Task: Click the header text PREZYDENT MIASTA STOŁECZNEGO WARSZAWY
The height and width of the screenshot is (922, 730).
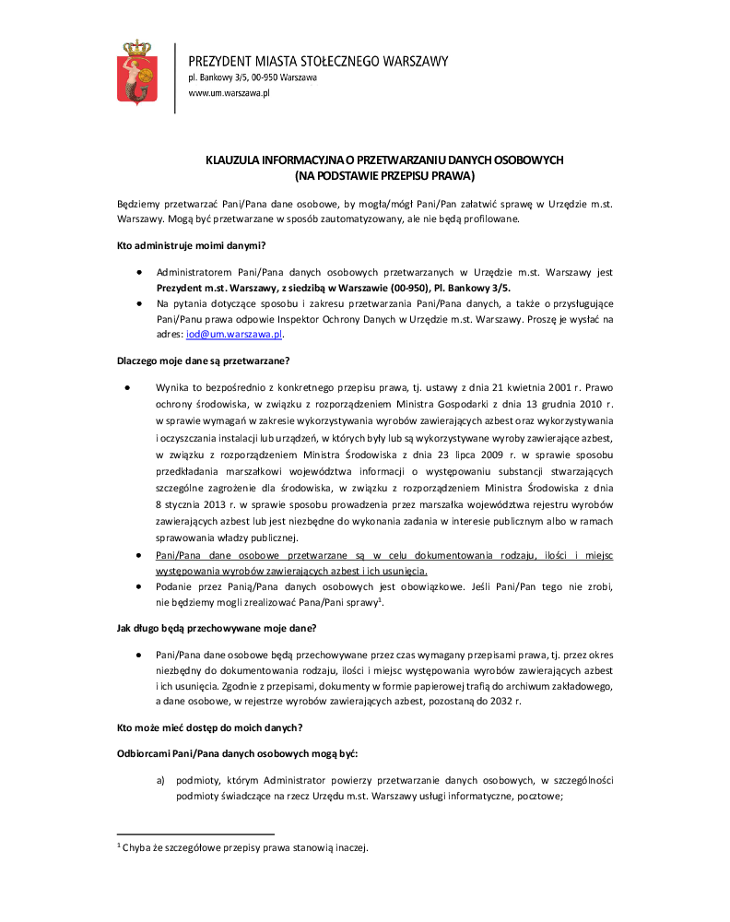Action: [318, 62]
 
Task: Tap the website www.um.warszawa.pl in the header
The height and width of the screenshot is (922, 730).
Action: [229, 93]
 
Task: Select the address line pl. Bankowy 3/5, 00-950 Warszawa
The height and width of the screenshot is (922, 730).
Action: [253, 78]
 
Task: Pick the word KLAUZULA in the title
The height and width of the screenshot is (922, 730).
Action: [233, 160]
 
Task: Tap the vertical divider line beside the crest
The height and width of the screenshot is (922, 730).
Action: [174, 73]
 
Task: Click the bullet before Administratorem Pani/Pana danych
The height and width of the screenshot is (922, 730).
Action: [138, 273]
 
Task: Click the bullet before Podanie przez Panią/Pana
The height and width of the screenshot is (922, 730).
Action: [138, 586]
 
